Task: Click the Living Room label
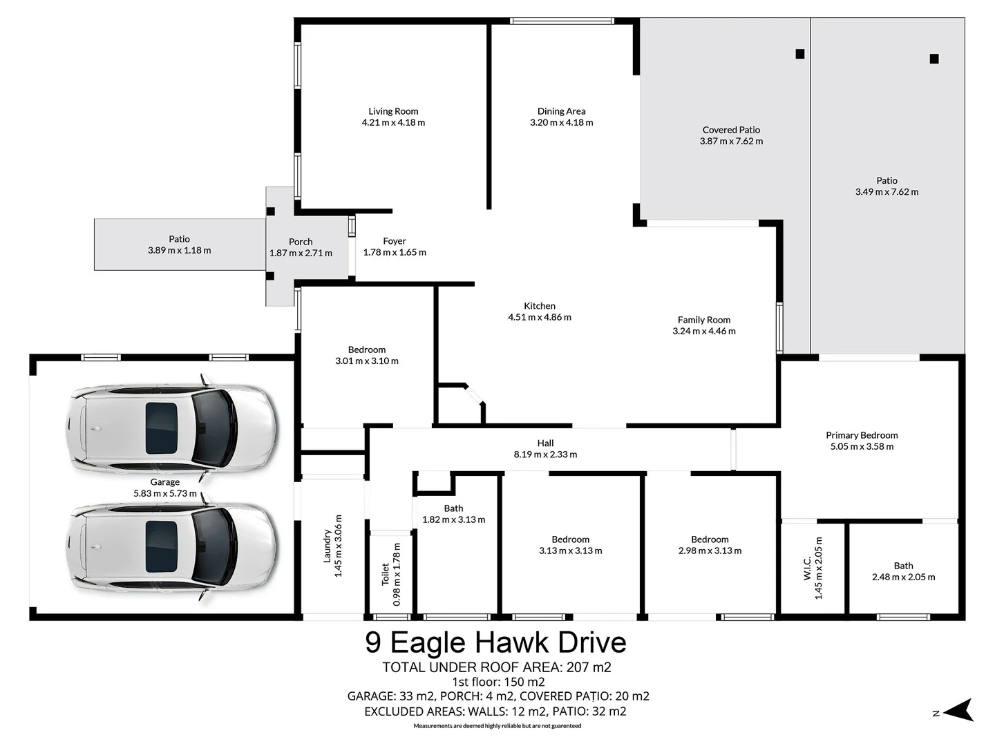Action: coord(393,111)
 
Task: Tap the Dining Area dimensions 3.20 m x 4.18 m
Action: coord(561,123)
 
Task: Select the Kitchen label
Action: coord(540,306)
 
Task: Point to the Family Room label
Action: coord(703,320)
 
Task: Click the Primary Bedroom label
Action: coord(862,435)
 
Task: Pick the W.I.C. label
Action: coord(807,568)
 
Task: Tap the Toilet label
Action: coord(386,574)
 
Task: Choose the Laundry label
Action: coord(328,546)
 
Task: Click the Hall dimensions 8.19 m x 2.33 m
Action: coord(545,455)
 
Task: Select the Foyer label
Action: coord(395,241)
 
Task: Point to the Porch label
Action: coord(301,242)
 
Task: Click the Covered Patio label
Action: coord(731,130)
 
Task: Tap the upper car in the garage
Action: coord(172,428)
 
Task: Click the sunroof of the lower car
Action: coord(161,546)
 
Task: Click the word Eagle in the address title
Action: coord(428,643)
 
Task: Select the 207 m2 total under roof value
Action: coord(589,667)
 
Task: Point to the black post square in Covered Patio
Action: coord(800,54)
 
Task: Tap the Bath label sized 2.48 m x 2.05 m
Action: coord(903,566)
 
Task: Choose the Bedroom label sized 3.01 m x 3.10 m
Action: coord(366,350)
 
